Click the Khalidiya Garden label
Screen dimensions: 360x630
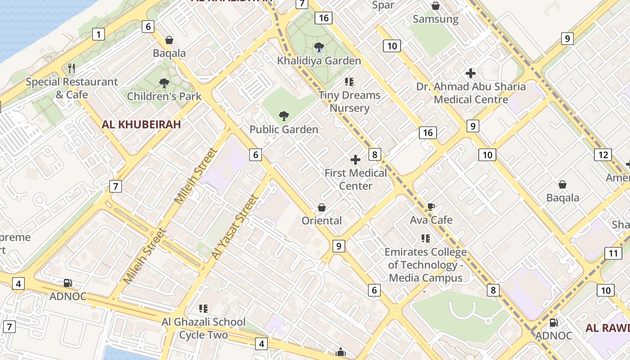click(x=319, y=61)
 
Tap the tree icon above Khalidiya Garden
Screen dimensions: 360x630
click(x=319, y=47)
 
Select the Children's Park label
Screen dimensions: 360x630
click(x=164, y=96)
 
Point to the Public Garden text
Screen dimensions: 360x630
click(x=283, y=130)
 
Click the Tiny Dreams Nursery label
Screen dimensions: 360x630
click(x=350, y=102)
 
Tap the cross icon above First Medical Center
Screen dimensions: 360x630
click(x=355, y=160)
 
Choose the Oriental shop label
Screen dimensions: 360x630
click(x=322, y=220)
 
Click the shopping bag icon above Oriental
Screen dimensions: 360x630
click(x=322, y=207)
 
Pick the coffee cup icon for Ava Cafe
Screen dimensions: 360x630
click(x=431, y=207)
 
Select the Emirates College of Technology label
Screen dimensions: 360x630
click(x=426, y=265)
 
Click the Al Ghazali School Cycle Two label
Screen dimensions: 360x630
click(x=203, y=328)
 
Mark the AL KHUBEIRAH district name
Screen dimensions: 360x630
click(x=141, y=125)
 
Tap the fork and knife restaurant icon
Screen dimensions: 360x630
click(x=71, y=68)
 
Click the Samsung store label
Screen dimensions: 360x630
click(x=436, y=19)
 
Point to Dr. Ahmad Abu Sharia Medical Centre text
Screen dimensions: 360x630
click(x=471, y=93)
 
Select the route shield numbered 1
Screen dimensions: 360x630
click(x=98, y=34)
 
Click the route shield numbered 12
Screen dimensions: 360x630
click(x=603, y=155)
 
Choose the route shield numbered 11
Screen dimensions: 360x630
click(x=613, y=253)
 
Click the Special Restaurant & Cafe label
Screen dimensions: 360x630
click(x=72, y=88)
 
